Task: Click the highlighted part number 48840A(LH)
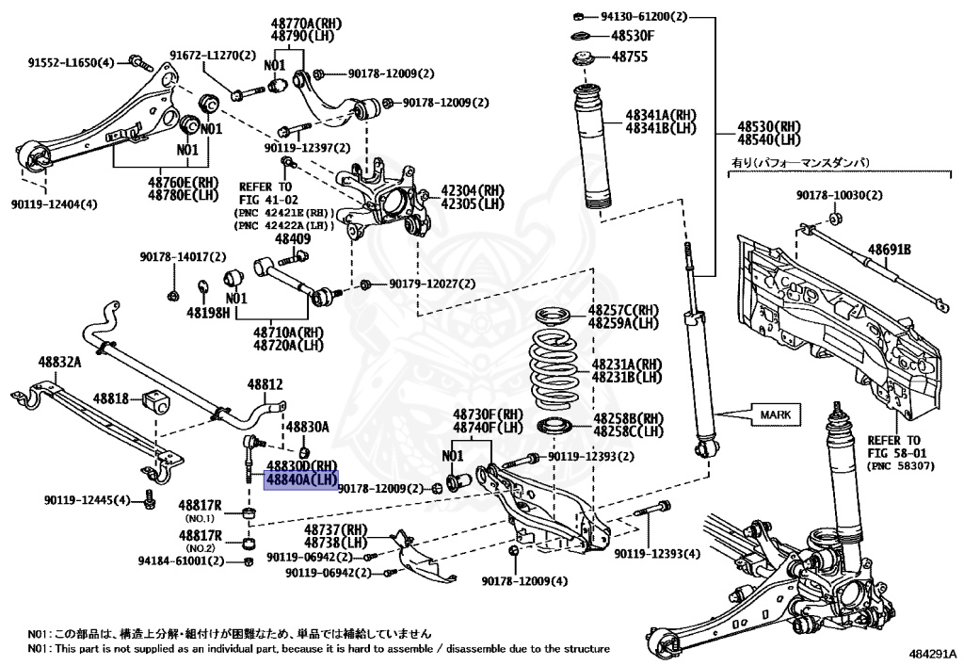[x=300, y=479]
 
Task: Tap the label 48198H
[x=208, y=312]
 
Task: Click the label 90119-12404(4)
[x=54, y=203]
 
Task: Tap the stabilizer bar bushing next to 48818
[x=155, y=399]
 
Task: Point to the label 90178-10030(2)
[x=840, y=195]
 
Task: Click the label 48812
[x=265, y=384]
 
